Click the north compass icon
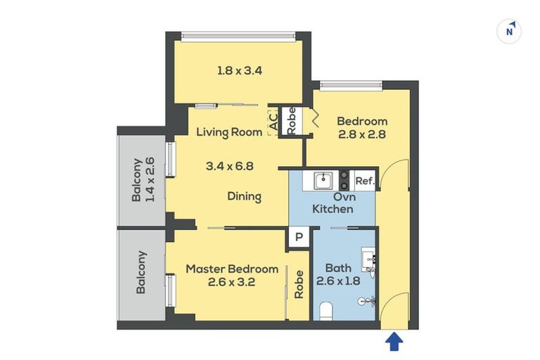tap(509, 32)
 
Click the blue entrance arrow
tap(395, 342)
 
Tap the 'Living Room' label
tap(229, 131)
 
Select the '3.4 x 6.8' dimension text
tap(229, 167)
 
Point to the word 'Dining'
tap(244, 197)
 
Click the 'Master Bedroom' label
tap(232, 269)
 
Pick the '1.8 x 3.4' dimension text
tap(240, 70)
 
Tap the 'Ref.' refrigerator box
tap(364, 181)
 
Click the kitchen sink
tap(323, 180)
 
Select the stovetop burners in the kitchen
tap(345, 180)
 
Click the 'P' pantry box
tap(298, 238)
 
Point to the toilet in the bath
tap(326, 309)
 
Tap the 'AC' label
tap(273, 125)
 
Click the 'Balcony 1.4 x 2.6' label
tap(143, 179)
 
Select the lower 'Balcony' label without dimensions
tap(141, 272)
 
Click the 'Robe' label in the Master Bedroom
tap(299, 285)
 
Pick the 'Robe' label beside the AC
tap(290, 121)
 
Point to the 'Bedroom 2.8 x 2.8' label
tap(361, 127)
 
